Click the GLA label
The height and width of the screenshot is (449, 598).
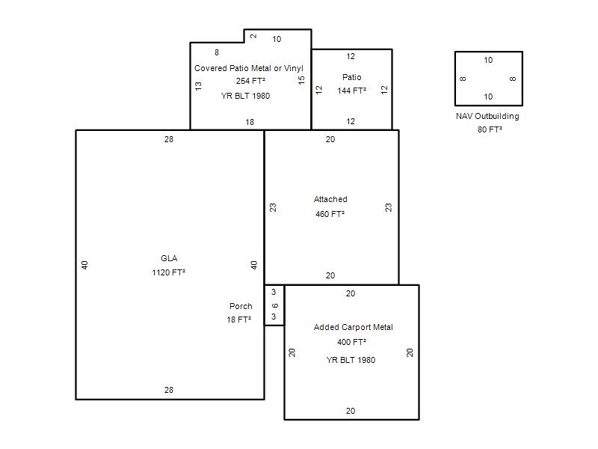(x=169, y=258)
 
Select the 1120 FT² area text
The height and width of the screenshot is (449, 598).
(x=169, y=272)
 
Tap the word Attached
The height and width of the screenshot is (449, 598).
(x=330, y=199)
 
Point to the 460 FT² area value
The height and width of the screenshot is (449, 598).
(x=330, y=214)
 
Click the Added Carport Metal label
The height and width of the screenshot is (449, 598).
(x=353, y=327)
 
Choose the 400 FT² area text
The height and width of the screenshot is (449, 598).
(x=351, y=342)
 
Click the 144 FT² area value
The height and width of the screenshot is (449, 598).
(x=351, y=91)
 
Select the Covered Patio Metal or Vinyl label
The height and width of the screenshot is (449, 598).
(x=249, y=68)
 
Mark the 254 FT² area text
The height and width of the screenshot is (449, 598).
(x=250, y=81)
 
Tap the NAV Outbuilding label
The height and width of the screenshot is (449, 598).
(x=487, y=116)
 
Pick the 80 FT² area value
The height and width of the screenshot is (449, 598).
(x=490, y=129)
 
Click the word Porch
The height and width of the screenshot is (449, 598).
(x=241, y=306)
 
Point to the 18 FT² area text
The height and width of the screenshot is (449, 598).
(x=238, y=320)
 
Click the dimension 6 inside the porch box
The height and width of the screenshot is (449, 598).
(x=275, y=305)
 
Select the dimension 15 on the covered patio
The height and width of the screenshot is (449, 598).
(x=301, y=80)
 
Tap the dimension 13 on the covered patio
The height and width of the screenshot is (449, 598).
(x=198, y=86)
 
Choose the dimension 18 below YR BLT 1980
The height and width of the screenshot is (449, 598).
(x=250, y=122)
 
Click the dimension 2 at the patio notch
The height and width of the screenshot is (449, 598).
(x=253, y=36)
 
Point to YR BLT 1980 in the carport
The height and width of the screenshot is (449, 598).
(x=351, y=360)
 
